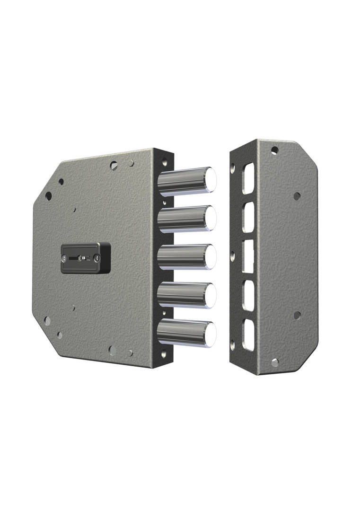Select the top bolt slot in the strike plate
(x=248, y=178)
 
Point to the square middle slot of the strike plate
(x=248, y=256)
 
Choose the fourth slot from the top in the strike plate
(x=248, y=296)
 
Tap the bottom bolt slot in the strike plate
(x=248, y=335)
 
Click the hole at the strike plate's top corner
(x=274, y=150)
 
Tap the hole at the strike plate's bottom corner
(x=274, y=362)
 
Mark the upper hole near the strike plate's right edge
(x=297, y=196)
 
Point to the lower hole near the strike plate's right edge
(x=297, y=315)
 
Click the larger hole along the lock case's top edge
(x=114, y=166)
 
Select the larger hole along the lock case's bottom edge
(x=113, y=350)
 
